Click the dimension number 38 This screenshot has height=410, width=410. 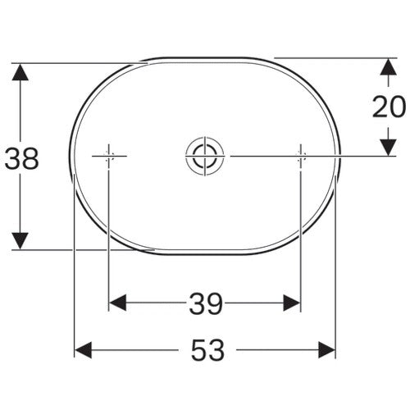pyautogui.click(x=22, y=158)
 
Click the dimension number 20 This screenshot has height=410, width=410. pyautogui.click(x=389, y=107)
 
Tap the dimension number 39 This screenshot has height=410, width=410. pyautogui.click(x=206, y=303)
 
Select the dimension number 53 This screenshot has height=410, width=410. pyautogui.click(x=207, y=350)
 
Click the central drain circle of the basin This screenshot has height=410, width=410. pyautogui.click(x=205, y=157)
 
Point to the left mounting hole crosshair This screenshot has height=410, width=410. pyautogui.click(x=109, y=157)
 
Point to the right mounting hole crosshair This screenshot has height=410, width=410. pyautogui.click(x=301, y=157)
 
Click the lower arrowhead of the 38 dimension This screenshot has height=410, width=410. pyautogui.click(x=20, y=241)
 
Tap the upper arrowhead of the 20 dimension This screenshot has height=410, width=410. pyautogui.click(x=389, y=66)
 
